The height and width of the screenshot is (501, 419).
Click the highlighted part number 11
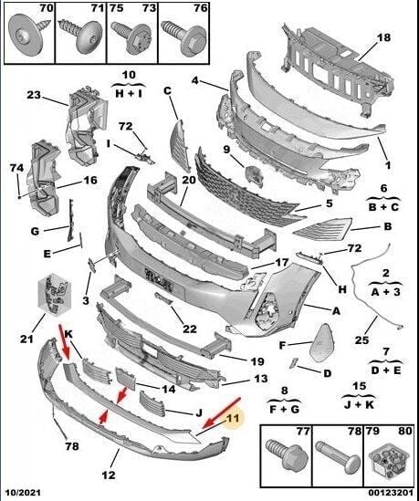(x=232, y=419)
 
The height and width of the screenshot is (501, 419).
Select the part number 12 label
(x=108, y=474)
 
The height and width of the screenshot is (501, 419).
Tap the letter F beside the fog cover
(x=282, y=344)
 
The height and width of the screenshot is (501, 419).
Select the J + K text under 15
(x=385, y=401)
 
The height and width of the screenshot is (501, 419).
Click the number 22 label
(x=189, y=329)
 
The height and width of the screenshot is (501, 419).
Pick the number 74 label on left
(x=16, y=168)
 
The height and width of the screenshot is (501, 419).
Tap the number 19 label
(x=257, y=360)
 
